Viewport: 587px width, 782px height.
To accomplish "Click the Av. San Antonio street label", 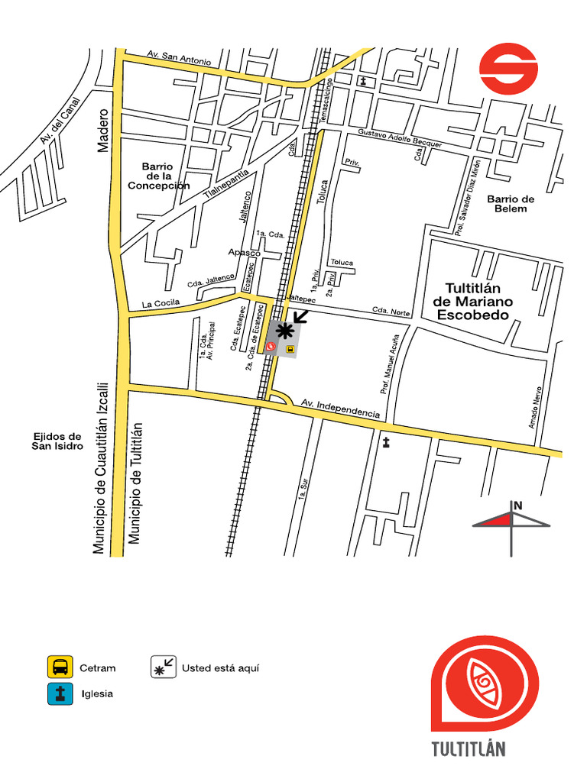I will pyautogui.click(x=179, y=57).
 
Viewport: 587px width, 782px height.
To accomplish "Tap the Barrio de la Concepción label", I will pyautogui.click(x=158, y=176).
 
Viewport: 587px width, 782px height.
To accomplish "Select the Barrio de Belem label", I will pyautogui.click(x=511, y=203).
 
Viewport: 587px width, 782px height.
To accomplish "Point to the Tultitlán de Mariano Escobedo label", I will pyautogui.click(x=472, y=301).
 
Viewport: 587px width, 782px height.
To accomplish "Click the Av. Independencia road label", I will pyautogui.click(x=340, y=408).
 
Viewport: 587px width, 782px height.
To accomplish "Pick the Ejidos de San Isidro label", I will pyautogui.click(x=57, y=441).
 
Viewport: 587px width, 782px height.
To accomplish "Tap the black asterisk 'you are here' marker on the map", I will pyautogui.click(x=284, y=331).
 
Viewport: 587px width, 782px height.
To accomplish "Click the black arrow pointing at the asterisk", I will pyautogui.click(x=301, y=315).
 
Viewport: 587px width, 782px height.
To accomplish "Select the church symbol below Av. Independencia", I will pyautogui.click(x=386, y=441).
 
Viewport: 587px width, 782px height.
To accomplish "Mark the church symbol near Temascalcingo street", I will pyautogui.click(x=363, y=80).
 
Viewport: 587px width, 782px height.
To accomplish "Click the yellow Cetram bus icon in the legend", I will pyautogui.click(x=60, y=667).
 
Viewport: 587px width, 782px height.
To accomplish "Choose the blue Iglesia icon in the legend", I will pyautogui.click(x=60, y=693).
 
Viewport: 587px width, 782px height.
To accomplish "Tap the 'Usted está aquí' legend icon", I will pyautogui.click(x=163, y=667).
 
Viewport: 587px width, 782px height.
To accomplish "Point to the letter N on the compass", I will pyautogui.click(x=518, y=505).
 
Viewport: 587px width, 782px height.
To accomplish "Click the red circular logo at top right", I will pyautogui.click(x=508, y=69).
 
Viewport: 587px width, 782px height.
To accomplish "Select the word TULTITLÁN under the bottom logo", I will pyautogui.click(x=468, y=748).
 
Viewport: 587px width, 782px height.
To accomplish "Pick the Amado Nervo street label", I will pyautogui.click(x=535, y=406).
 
